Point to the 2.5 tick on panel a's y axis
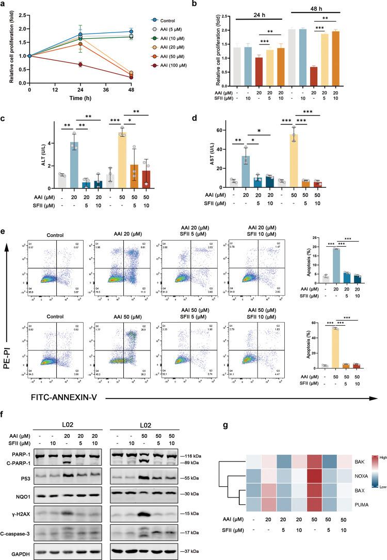point(22,15)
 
